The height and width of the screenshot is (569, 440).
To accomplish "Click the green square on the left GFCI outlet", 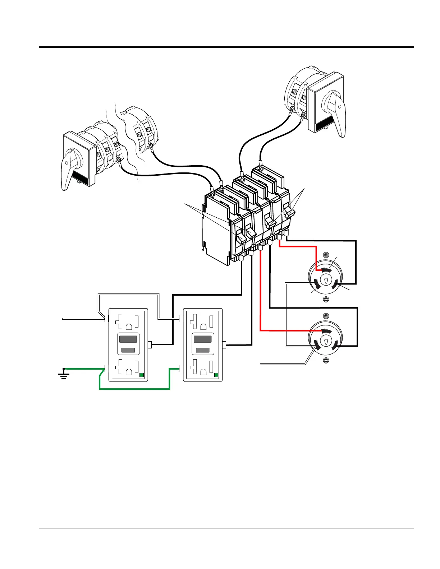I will point(142,375).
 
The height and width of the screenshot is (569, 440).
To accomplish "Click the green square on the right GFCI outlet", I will point(216,375).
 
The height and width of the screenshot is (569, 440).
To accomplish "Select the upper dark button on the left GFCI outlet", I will point(128,339).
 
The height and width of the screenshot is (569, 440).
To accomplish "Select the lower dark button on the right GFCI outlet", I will point(202,350).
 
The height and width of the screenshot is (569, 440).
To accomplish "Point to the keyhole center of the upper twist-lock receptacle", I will point(326,281).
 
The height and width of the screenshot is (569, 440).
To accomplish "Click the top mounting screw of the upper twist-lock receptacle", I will point(326,255).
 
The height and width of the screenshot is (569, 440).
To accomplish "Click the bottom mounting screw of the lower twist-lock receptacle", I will point(326,360).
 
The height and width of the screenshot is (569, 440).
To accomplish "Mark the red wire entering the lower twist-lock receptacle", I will point(260,305).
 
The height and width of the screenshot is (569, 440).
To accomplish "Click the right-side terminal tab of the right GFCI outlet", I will point(224,345).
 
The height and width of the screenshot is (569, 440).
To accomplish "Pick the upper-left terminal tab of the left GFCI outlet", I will point(106,318).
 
